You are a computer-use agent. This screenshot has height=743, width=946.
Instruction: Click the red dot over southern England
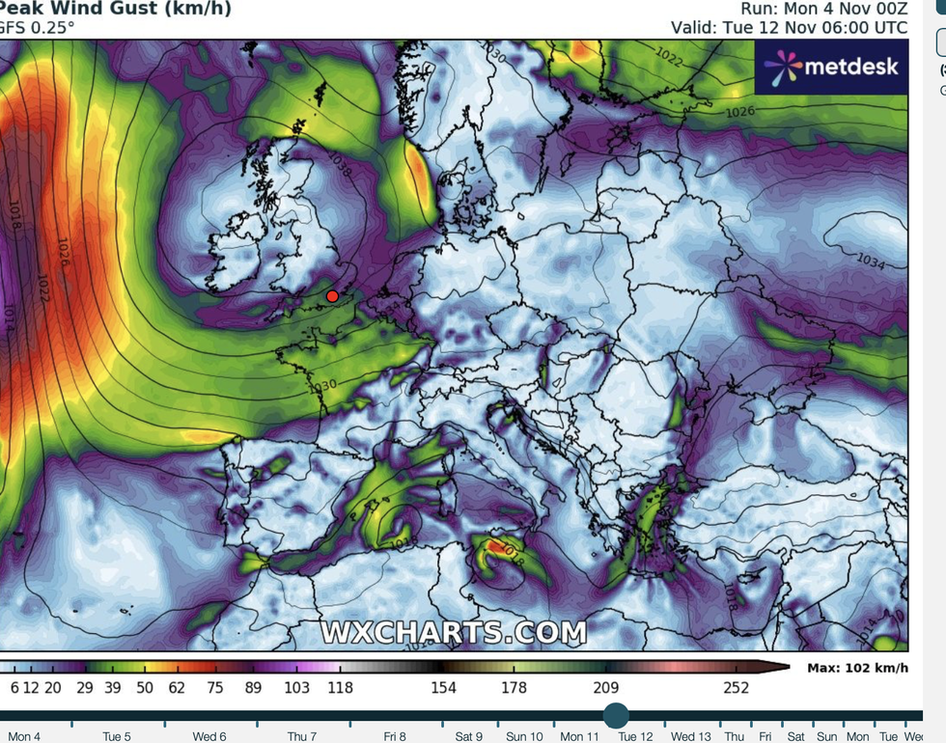[x=332, y=296]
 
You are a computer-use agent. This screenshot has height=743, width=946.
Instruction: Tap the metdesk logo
[x=831, y=67]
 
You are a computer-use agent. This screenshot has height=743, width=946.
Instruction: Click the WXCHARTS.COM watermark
[x=453, y=633]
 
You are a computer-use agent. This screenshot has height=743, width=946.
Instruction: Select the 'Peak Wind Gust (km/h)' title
[x=115, y=9]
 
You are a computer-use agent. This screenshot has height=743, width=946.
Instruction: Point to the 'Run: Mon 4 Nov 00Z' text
[x=823, y=9]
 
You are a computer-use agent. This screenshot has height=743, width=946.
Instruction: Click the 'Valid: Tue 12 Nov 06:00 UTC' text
[x=790, y=28]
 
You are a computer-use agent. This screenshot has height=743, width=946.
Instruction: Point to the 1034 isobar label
[x=872, y=261]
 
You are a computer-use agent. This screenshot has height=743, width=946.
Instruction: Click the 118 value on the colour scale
[x=340, y=687]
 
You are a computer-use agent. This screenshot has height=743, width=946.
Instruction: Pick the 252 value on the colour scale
[x=736, y=687]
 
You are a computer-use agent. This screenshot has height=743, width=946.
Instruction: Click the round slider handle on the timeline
[x=616, y=715]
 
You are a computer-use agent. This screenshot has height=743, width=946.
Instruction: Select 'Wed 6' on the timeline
[x=209, y=736]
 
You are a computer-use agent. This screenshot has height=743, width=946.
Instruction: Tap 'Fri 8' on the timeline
[x=394, y=736]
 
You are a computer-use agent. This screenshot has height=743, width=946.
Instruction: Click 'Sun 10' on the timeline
[x=523, y=736]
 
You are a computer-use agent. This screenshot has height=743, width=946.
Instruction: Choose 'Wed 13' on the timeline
[x=691, y=736]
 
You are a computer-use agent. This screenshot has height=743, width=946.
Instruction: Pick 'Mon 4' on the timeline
[x=24, y=736]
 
